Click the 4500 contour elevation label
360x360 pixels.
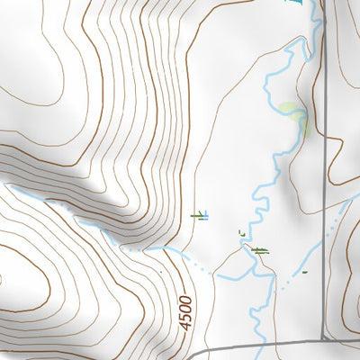pyautogui.click(x=185, y=311)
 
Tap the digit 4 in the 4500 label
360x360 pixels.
pyautogui.click(x=186, y=325)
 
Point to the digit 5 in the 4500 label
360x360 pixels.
pyautogui.click(x=186, y=316)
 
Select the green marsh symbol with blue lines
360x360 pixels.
pyautogui.click(x=200, y=215)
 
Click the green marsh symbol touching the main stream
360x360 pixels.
pyautogui.click(x=260, y=250)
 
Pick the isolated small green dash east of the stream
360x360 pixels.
pyautogui.click(x=304, y=271)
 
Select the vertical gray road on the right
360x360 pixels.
pyautogui.click(x=323, y=135)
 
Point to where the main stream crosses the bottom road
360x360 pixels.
pyautogui.click(x=255, y=346)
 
